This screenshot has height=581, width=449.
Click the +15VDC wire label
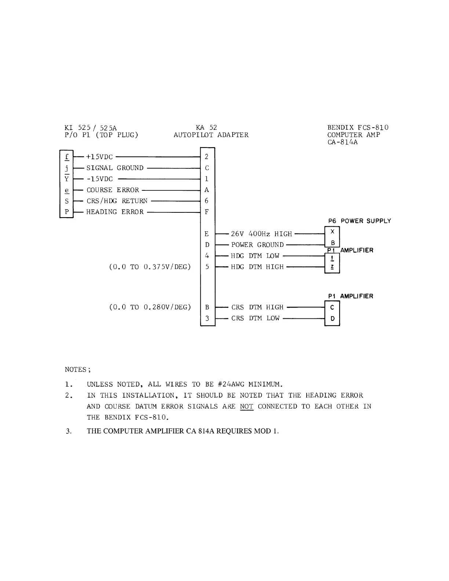[99, 157]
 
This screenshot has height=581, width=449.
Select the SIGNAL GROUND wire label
[115, 168]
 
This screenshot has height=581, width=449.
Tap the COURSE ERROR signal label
[113, 190]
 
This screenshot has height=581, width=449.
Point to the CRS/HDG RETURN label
[117, 201]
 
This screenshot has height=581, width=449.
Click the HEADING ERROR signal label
[115, 212]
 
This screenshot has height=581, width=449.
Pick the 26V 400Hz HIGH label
[261, 234]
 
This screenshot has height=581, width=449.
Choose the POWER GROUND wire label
[257, 245]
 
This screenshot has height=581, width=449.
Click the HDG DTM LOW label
[255, 256]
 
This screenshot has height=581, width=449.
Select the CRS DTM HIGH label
[257, 307]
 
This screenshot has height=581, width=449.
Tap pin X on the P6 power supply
[332, 232]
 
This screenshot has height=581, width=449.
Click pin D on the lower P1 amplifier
[332, 318]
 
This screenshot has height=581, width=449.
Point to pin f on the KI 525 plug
[67, 157]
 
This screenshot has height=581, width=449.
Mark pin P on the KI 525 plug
[67, 212]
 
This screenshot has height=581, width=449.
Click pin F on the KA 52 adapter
[207, 212]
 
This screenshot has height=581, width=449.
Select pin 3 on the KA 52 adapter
[207, 318]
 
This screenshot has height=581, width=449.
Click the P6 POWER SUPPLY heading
[359, 221]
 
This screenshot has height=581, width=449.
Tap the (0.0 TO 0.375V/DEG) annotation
[150, 267]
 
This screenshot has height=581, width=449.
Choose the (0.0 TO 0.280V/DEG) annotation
[150, 307]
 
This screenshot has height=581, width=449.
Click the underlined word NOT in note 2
[247, 406]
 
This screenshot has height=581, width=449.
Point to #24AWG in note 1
[231, 384]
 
